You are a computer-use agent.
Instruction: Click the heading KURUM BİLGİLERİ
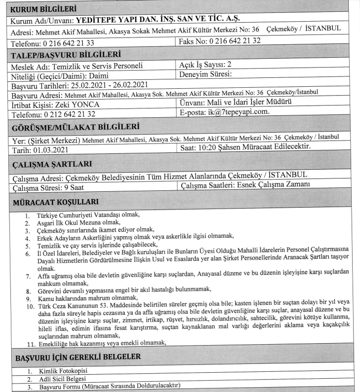(x=41, y=9)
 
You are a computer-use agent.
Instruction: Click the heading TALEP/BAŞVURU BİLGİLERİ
(x=66, y=53)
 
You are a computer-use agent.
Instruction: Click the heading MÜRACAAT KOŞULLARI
(x=54, y=201)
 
